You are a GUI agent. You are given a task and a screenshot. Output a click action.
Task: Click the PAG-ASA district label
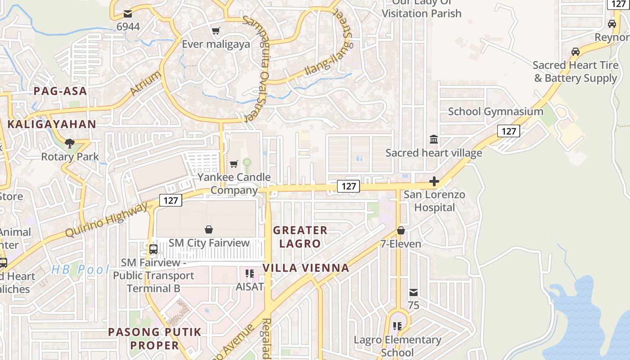tap(60, 91)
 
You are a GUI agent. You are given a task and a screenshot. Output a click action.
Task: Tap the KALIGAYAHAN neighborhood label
tap(52, 124)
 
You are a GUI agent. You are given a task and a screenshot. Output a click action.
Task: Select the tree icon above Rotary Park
tap(70, 144)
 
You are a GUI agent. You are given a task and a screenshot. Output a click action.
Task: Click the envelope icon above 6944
tap(128, 14)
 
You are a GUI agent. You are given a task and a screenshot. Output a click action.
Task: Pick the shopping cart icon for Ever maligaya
tap(216, 31)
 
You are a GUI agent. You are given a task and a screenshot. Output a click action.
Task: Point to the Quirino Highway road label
tap(106, 220)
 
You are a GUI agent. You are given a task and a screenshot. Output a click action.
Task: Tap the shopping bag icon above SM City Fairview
tap(209, 230)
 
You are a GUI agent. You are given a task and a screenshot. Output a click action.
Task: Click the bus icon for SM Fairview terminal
tap(153, 249)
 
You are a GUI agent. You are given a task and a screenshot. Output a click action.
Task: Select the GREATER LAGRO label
tap(300, 237)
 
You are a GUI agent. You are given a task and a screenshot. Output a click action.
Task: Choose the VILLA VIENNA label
tap(306, 268)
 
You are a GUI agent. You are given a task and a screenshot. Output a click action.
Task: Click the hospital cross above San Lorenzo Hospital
tap(434, 182)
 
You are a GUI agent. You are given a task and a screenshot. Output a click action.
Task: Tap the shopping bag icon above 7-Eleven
tap(401, 231)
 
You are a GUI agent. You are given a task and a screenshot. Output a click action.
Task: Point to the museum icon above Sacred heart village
tap(434, 139)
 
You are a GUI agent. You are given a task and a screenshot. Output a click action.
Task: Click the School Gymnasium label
tap(495, 112)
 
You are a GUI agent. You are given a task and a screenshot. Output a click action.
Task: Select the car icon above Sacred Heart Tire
tap(576, 52)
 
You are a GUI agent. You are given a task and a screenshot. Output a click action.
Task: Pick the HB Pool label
tap(80, 270)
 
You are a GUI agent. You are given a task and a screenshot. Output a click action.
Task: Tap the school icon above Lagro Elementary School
tap(397, 326)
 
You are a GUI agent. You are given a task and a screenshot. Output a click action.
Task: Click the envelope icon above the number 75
tap(414, 293)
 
